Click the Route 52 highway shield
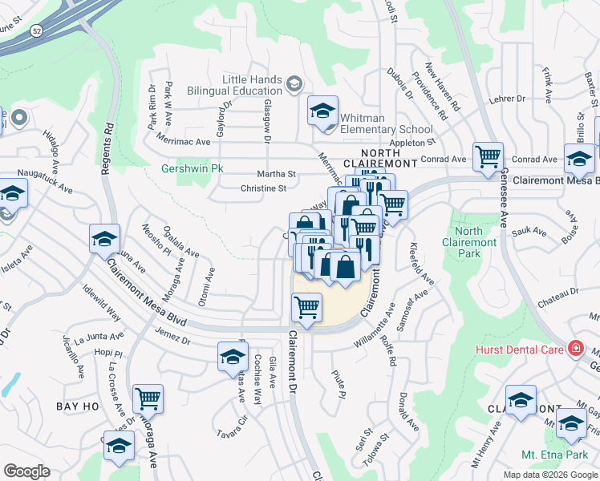tap(36, 30)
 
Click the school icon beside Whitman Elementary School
tap(322, 111)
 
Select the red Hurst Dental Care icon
tap(574, 348)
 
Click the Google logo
tap(26, 471)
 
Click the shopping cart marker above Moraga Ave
tap(148, 398)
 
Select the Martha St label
tap(276, 174)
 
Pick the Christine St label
tap(264, 189)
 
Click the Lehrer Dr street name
tap(508, 99)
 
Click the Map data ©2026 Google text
tap(549, 475)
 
